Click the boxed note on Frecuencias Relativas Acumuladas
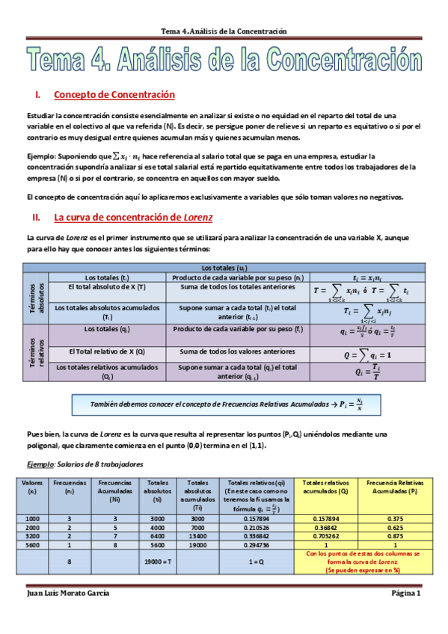[x=222, y=404]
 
